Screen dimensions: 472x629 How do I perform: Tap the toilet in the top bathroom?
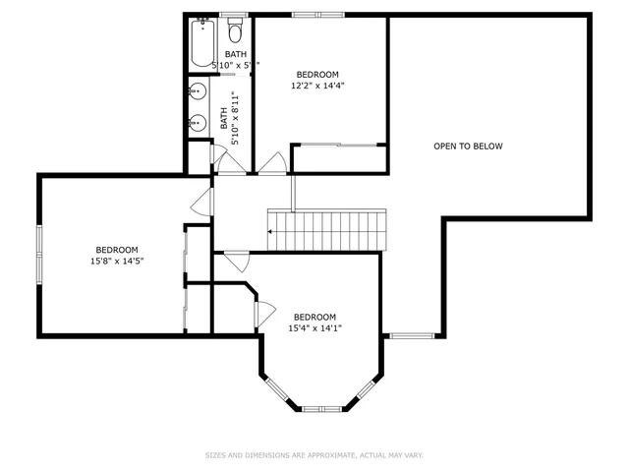tap(235, 30)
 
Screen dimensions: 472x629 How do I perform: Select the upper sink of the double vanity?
tap(197, 93)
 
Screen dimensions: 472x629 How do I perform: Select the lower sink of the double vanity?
tap(197, 123)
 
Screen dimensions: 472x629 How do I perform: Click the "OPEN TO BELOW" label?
tap(468, 147)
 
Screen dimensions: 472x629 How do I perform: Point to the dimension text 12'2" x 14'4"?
tap(317, 86)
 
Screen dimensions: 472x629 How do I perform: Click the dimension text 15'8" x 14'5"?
tap(116, 261)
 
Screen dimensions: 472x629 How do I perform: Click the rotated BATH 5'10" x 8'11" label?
tap(229, 118)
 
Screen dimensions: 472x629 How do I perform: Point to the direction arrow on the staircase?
tap(272, 232)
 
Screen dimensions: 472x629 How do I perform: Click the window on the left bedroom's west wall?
tap(39, 255)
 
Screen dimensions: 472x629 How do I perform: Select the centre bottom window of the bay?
tap(320, 408)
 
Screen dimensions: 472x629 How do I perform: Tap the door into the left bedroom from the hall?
tap(204, 203)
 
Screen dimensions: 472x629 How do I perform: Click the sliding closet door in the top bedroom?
tap(336, 146)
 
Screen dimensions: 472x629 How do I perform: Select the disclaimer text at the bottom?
tap(314, 455)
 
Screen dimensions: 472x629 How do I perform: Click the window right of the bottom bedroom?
tap(406, 336)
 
